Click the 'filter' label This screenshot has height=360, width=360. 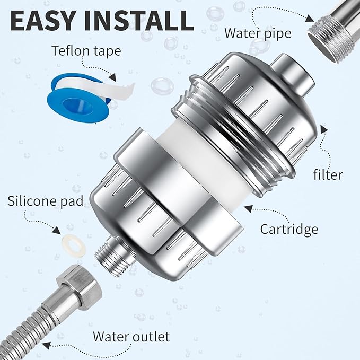[x=328, y=174]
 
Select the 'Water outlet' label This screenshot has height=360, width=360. [x=131, y=336]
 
